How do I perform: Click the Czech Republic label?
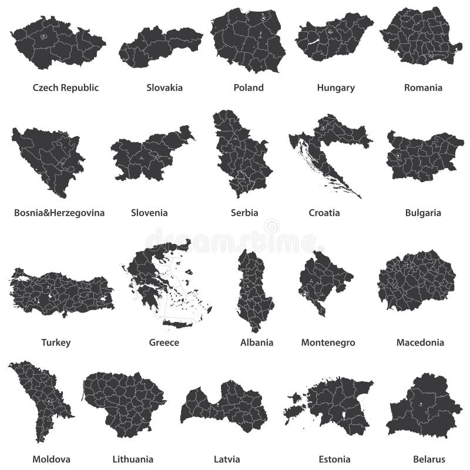pyautogui.click(x=66, y=88)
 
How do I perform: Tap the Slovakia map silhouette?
pyautogui.click(x=160, y=46)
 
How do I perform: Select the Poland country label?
pyautogui.click(x=249, y=88)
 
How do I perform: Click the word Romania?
pyautogui.click(x=423, y=88)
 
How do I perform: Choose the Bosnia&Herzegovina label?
pyautogui.click(x=59, y=213)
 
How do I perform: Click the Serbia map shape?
pyautogui.click(x=242, y=156)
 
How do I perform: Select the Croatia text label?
pyautogui.click(x=324, y=213)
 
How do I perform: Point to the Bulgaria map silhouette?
pyautogui.click(x=423, y=156)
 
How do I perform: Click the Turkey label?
pyautogui.click(x=56, y=342)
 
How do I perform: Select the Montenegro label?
pyautogui.click(x=328, y=342)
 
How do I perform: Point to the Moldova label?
pyautogui.click(x=52, y=459)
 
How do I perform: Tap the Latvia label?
pyautogui.click(x=226, y=459)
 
